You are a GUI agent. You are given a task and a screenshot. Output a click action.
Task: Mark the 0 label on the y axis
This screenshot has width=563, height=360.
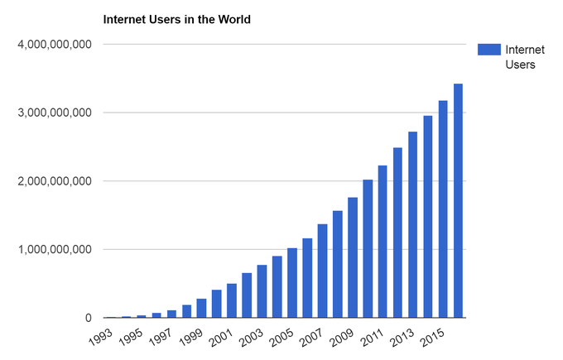(86, 318)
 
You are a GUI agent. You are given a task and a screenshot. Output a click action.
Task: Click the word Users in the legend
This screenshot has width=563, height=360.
(520, 65)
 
